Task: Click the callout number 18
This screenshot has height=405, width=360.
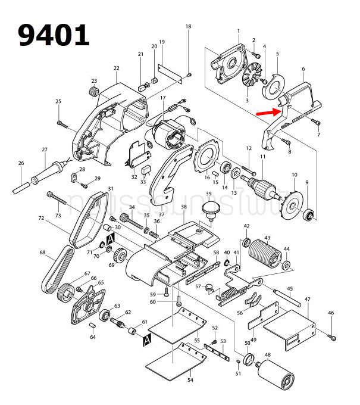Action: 189,27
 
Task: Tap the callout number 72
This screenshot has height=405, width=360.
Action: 41,219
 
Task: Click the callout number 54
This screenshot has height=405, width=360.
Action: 190,379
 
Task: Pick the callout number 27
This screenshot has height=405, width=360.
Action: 44,149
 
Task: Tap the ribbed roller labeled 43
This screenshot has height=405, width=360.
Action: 262,255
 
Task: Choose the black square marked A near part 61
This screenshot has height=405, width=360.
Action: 147,339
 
